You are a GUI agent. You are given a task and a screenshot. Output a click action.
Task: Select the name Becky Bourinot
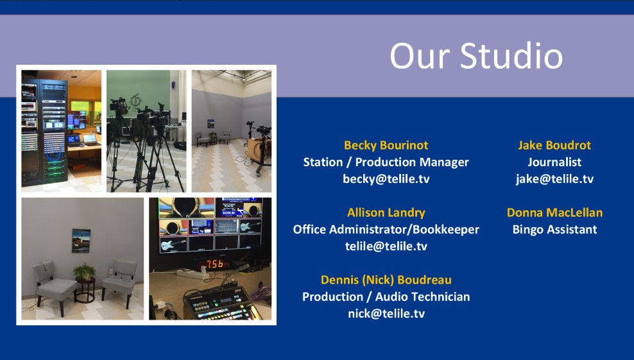[386, 145]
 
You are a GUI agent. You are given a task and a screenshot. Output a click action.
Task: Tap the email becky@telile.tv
[386, 179]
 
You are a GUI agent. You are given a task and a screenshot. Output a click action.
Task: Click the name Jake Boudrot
[554, 145]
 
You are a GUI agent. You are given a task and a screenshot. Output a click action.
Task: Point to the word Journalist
[554, 162]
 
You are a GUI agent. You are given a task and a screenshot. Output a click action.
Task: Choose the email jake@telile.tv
[554, 179]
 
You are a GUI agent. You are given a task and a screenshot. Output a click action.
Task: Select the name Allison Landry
[386, 212]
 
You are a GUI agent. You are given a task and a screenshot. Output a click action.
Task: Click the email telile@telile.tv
[386, 246]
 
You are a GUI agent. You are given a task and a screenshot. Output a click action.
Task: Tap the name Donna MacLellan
[554, 212]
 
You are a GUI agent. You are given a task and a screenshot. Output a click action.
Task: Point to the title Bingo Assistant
[554, 229]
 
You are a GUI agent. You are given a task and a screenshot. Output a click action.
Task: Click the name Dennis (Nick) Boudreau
[386, 280]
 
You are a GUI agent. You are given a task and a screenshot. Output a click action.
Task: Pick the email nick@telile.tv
[386, 314]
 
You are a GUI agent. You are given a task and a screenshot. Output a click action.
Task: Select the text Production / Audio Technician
[386, 296]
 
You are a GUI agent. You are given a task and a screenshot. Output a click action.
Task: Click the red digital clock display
[216, 264]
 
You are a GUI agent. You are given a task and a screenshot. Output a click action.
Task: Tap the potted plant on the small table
[85, 272]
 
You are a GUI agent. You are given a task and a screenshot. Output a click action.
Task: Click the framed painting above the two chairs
[81, 241]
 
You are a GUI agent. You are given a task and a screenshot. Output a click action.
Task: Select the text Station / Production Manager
[386, 162]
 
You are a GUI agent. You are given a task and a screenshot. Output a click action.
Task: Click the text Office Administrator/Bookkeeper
[386, 229]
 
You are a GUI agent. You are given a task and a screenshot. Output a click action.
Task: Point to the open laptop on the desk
[90, 140]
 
